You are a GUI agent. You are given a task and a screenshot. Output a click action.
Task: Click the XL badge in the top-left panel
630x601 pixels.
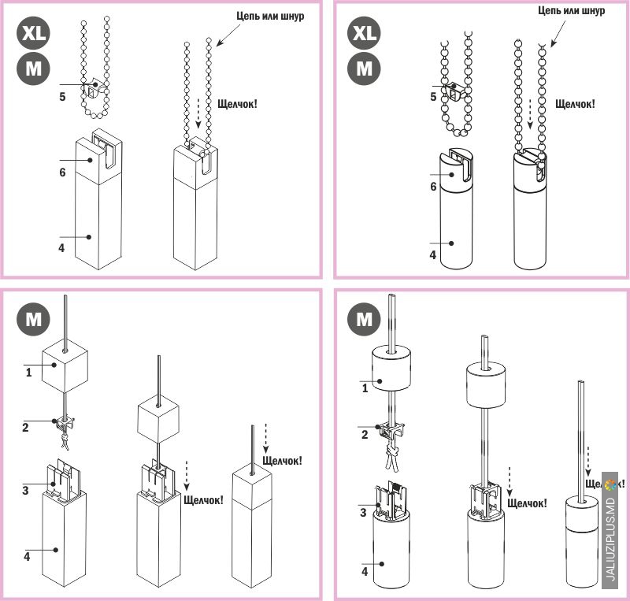34,35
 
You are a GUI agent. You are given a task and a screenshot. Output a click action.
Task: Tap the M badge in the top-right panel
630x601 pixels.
364,69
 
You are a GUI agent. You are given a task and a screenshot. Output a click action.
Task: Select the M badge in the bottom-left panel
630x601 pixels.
34,321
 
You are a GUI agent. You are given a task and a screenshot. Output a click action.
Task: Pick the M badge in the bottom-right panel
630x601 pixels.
364,321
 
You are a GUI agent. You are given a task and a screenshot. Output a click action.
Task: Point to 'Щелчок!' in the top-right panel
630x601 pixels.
575,103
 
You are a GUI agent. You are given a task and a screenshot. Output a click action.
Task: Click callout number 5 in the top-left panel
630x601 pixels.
62,96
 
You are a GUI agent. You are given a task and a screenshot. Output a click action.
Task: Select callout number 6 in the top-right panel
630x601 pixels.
433,187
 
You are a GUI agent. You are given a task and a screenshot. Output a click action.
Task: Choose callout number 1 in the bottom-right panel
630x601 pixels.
363,388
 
